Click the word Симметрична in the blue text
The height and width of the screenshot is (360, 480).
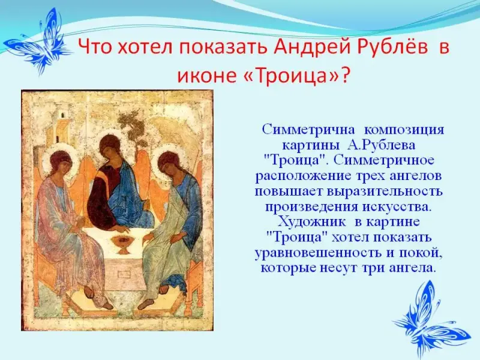308,130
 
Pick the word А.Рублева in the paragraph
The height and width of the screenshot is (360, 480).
381,145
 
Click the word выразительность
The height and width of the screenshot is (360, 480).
385,191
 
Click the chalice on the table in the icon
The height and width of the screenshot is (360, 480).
124,244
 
